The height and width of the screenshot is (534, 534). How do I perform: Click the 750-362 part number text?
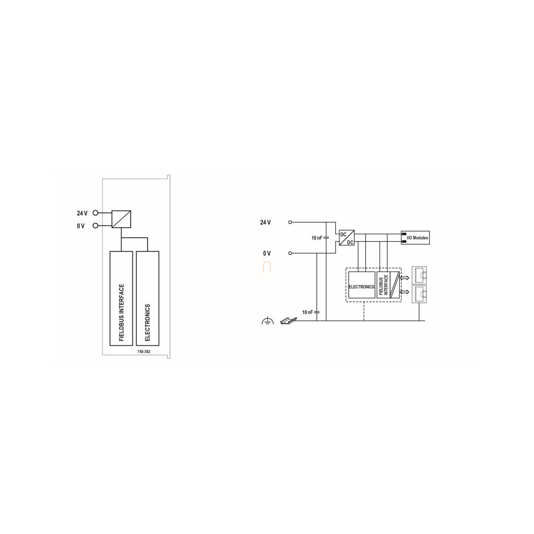[x=143, y=352]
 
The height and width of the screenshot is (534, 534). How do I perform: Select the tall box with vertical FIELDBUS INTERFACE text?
[x=121, y=298]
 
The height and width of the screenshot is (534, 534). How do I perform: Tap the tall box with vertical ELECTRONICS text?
[x=148, y=298]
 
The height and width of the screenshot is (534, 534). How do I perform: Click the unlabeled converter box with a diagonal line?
[x=121, y=219]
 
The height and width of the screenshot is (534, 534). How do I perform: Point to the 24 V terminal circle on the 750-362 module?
[x=95, y=213]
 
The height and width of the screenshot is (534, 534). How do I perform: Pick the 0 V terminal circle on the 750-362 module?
[x=95, y=225]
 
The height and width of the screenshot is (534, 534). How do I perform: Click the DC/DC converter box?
[x=347, y=238]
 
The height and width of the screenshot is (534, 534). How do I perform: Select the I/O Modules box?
[x=415, y=237]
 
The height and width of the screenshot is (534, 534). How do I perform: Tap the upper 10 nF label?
[x=317, y=238]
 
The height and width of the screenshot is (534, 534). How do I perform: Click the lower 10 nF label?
[x=308, y=312]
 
